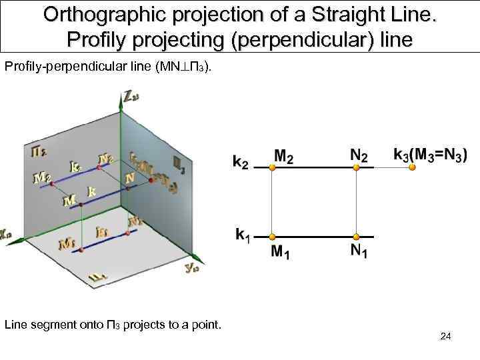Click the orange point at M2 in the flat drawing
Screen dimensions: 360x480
coord(272,168)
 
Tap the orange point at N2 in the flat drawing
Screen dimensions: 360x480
coord(357,168)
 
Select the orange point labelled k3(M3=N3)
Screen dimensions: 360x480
coord(412,168)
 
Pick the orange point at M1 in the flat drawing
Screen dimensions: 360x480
coord(272,237)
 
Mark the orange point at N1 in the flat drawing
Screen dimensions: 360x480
coord(357,237)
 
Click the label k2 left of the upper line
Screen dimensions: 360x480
coord(241,162)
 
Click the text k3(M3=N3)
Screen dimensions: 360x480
coord(431,154)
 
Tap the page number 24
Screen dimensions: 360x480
coord(446,337)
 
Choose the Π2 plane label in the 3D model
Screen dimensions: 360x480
coord(39,152)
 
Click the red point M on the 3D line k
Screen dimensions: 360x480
coord(81,205)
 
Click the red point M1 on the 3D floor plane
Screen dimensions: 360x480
coord(81,249)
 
